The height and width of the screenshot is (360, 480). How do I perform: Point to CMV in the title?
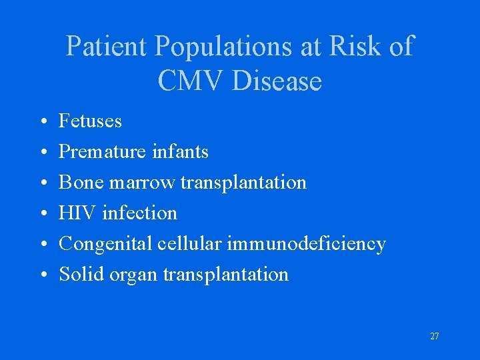tap(193, 81)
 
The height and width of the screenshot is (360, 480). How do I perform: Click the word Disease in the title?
tap(278, 81)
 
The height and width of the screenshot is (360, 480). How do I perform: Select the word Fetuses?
tap(91, 121)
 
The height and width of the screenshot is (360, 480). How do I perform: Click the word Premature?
tap(100, 152)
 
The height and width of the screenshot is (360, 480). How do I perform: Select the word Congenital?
tap(107, 244)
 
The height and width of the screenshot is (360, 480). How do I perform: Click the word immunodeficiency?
tap(307, 244)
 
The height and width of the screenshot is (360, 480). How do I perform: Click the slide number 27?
tap(434, 336)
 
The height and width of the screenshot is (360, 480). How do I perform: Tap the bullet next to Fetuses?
tap(42, 122)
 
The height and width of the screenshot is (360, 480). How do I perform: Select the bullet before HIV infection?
tap(42, 214)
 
